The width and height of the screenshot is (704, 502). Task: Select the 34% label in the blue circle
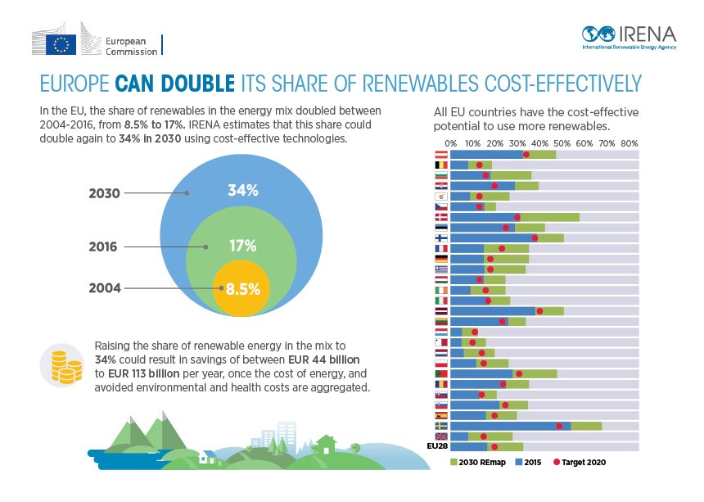pyautogui.click(x=243, y=191)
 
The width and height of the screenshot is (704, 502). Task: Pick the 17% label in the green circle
pyautogui.click(x=243, y=246)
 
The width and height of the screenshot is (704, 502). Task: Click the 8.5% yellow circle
pyautogui.click(x=243, y=288)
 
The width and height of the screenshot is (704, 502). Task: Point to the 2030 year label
pyautogui.click(x=104, y=194)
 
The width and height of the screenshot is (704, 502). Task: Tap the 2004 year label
pyautogui.click(x=104, y=288)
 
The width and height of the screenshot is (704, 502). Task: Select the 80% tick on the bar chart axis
pyautogui.click(x=630, y=143)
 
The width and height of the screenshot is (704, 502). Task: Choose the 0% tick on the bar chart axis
pyautogui.click(x=451, y=143)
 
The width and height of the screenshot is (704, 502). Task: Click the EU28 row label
pyautogui.click(x=438, y=447)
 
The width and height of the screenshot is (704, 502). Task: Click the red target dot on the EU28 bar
pyautogui.click(x=494, y=447)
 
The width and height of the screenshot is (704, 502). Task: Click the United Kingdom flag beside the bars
pyautogui.click(x=440, y=436)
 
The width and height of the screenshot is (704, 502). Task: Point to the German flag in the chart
pyautogui.click(x=440, y=259)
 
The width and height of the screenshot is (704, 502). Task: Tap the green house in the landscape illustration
pyautogui.click(x=325, y=445)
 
